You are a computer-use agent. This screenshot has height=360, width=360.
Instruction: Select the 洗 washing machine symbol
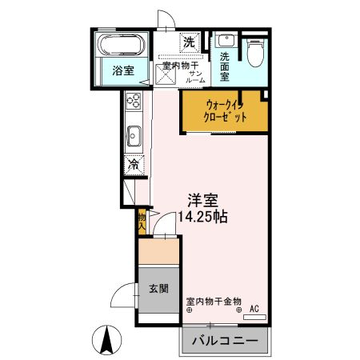click(x=190, y=41)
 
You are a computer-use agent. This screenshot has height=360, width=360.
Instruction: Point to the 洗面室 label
click(x=226, y=66)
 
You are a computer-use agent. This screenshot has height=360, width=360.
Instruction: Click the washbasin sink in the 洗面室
click(x=224, y=41)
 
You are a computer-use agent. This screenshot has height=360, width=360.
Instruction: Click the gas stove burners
click(x=133, y=102)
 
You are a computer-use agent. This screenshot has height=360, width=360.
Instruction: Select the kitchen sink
click(x=133, y=137)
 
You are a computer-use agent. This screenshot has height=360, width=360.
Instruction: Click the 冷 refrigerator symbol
click(x=133, y=166)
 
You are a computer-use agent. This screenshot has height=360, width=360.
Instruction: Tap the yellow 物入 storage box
click(x=142, y=221)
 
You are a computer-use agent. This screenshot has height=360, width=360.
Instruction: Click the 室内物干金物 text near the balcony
click(x=214, y=302)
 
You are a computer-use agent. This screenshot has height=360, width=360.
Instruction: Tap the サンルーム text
click(x=194, y=77)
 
